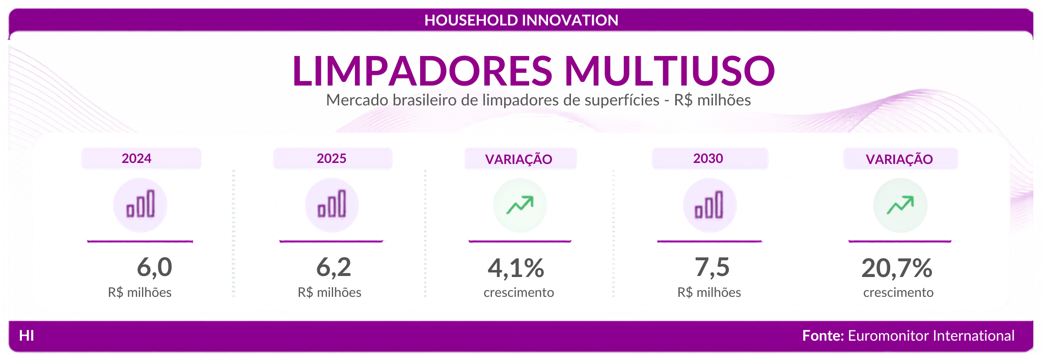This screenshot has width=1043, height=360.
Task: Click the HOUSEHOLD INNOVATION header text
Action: tap(521, 20)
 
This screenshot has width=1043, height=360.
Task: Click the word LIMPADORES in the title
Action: tap(422, 70)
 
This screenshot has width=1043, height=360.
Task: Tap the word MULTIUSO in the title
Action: tap(670, 70)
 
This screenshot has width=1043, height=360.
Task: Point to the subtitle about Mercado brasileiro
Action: tap(538, 100)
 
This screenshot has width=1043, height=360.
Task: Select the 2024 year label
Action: tap(136, 158)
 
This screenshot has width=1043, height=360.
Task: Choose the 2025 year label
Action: tap(332, 158)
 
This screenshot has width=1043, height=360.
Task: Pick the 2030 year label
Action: tap(708, 158)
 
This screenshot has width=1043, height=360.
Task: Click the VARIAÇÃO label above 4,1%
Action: tap(518, 159)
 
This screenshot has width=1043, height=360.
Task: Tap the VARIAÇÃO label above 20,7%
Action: tap(899, 159)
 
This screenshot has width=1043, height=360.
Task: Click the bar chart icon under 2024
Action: tap(140, 204)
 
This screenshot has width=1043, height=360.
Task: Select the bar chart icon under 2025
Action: tap(332, 204)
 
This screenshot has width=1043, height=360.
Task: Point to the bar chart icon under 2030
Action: tap(709, 205)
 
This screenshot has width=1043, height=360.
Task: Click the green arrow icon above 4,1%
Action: tap(519, 205)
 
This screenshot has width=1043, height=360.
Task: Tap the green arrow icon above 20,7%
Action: tap(900, 205)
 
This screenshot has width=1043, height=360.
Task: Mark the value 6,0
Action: tap(154, 267)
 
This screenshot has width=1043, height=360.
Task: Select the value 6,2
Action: tap(334, 267)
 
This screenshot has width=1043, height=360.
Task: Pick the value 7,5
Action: tap(712, 267)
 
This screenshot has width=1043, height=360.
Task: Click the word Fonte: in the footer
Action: tap(823, 336)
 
